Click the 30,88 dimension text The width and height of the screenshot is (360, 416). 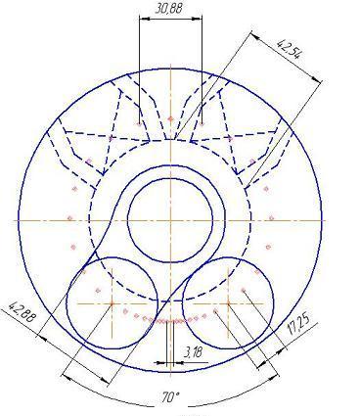click(x=168, y=8)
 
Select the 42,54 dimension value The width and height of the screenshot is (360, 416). click(x=288, y=49)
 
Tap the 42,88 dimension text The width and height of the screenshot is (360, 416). click(x=22, y=312)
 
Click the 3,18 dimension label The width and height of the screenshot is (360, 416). click(x=194, y=352)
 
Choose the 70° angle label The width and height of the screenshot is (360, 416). click(x=170, y=397)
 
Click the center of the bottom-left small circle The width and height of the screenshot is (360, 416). click(x=112, y=303)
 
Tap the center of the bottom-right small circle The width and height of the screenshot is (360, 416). click(x=228, y=303)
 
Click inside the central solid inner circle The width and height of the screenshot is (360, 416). click(x=170, y=220)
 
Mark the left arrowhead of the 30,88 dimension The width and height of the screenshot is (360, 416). click(x=143, y=19)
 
